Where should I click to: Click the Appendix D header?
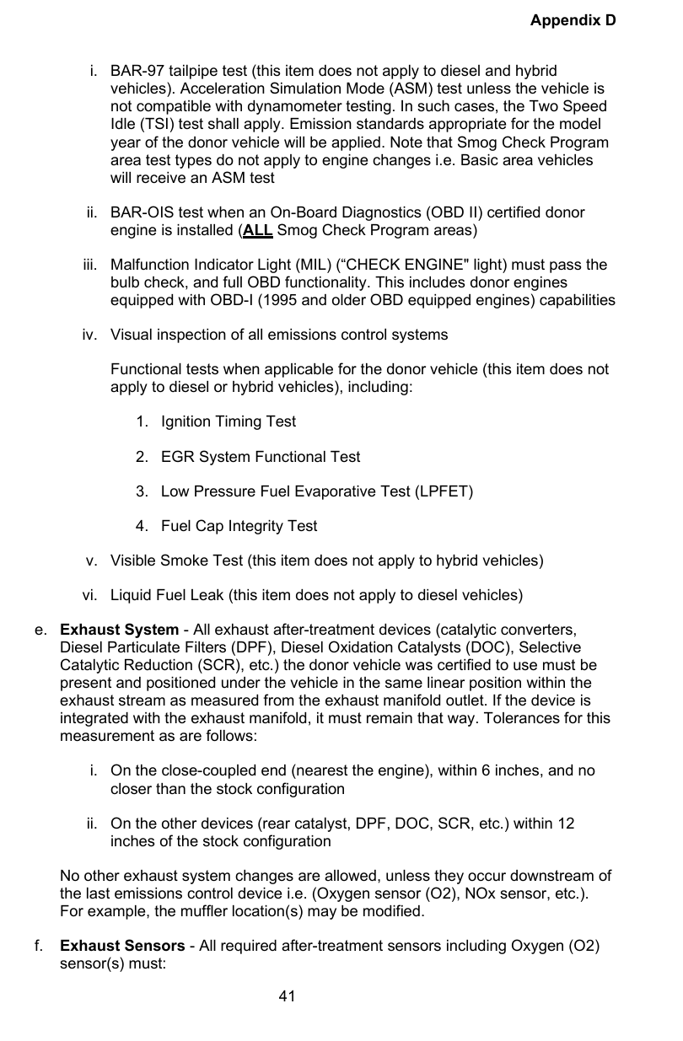point(573,19)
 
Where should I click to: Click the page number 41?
point(288,997)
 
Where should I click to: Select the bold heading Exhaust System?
point(119,630)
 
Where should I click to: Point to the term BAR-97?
point(138,72)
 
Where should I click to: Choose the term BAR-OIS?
point(141,213)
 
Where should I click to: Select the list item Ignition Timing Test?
point(229,421)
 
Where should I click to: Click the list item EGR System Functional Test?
point(260,457)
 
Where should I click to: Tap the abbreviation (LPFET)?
point(443,491)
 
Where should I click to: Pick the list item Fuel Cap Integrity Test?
point(239,526)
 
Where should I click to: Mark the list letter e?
point(40,630)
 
